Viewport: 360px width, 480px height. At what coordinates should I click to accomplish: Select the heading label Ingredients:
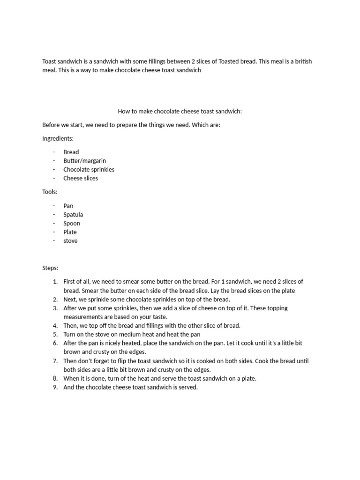point(58,138)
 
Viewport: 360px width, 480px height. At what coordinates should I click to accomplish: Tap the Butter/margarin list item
point(84,161)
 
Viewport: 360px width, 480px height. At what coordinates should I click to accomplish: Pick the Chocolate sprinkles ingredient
point(89,169)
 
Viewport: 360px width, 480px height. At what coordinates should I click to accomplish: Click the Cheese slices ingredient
point(81,178)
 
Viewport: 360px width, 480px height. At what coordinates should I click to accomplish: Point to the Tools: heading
point(50,192)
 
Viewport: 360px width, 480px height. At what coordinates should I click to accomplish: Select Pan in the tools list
point(68,206)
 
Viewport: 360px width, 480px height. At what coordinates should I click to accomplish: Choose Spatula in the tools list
point(73,215)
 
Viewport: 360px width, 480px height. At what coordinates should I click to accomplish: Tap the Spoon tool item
point(72,224)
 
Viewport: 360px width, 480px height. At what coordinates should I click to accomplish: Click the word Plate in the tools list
point(70,232)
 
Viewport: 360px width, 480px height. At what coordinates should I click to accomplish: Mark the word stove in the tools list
point(70,241)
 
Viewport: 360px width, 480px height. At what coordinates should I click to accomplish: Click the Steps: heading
point(50,268)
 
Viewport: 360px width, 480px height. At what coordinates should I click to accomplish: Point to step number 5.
point(55,334)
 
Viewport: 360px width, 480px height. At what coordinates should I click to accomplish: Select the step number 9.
point(55,387)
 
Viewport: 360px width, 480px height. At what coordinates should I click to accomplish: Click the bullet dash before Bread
point(54,152)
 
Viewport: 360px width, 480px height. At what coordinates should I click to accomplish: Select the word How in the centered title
point(124,112)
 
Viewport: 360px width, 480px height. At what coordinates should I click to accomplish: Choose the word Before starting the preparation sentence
point(52,125)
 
